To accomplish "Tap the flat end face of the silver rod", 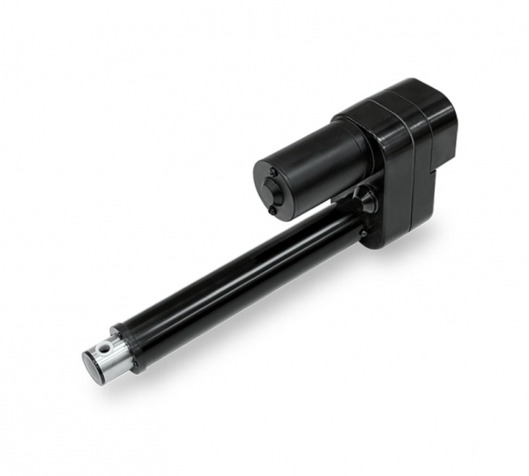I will (92, 363).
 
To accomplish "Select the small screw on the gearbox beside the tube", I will (362, 234).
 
